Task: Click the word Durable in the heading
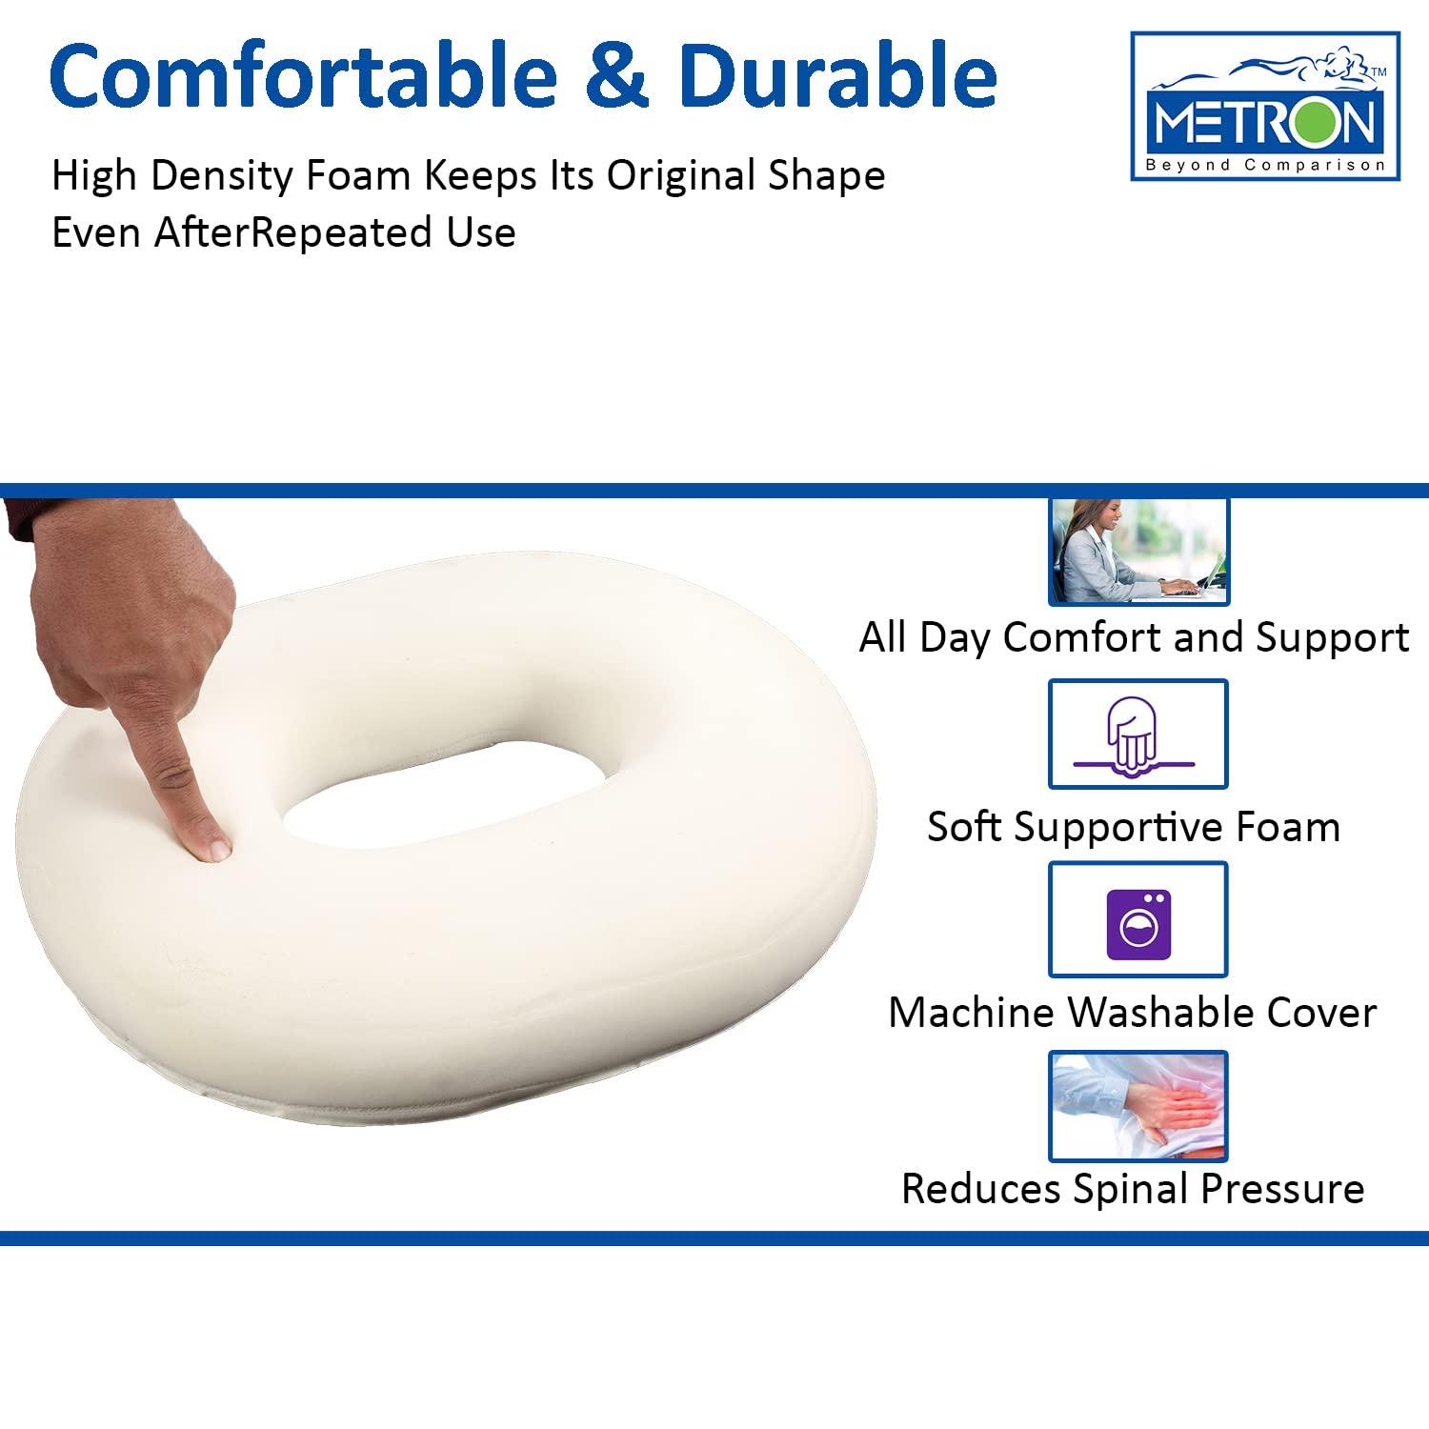click(x=838, y=76)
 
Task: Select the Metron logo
click(x=1264, y=107)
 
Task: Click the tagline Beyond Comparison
click(x=1264, y=165)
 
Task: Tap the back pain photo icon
click(x=1137, y=1107)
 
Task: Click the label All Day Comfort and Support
click(x=1134, y=637)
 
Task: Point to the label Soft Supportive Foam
click(x=1134, y=827)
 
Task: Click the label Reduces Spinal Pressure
click(x=1133, y=1189)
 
